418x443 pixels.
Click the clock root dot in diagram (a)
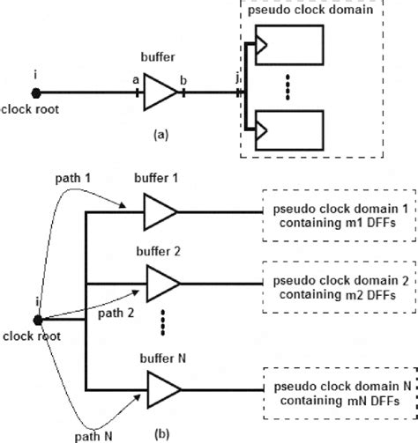point(36,92)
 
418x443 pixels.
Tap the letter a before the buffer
point(135,79)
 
